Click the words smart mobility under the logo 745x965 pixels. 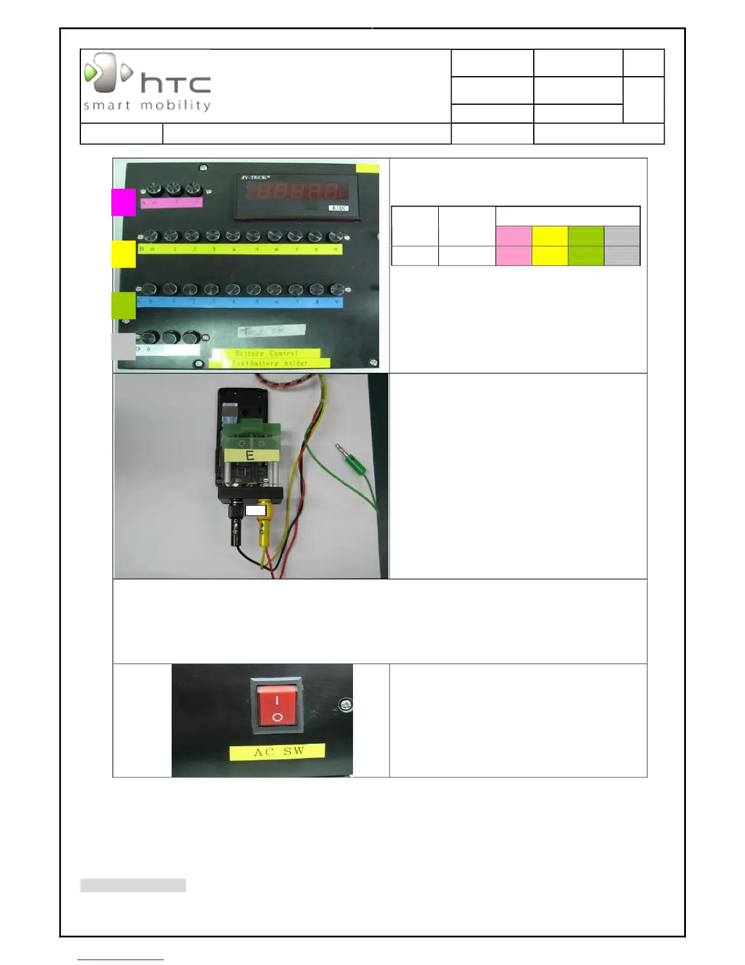(x=147, y=105)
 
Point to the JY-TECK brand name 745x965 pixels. (x=256, y=178)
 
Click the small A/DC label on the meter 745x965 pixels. (x=338, y=208)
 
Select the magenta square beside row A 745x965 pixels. (x=123, y=202)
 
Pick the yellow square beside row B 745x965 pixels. (x=123, y=253)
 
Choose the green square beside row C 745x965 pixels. (x=123, y=305)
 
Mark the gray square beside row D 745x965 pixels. (x=124, y=346)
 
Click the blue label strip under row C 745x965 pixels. (x=239, y=302)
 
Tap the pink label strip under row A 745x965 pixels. (x=171, y=202)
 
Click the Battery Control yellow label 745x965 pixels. (x=266, y=353)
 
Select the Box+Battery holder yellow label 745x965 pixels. (x=270, y=363)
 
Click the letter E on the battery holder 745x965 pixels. (x=250, y=454)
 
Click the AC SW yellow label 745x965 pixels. (x=278, y=752)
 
